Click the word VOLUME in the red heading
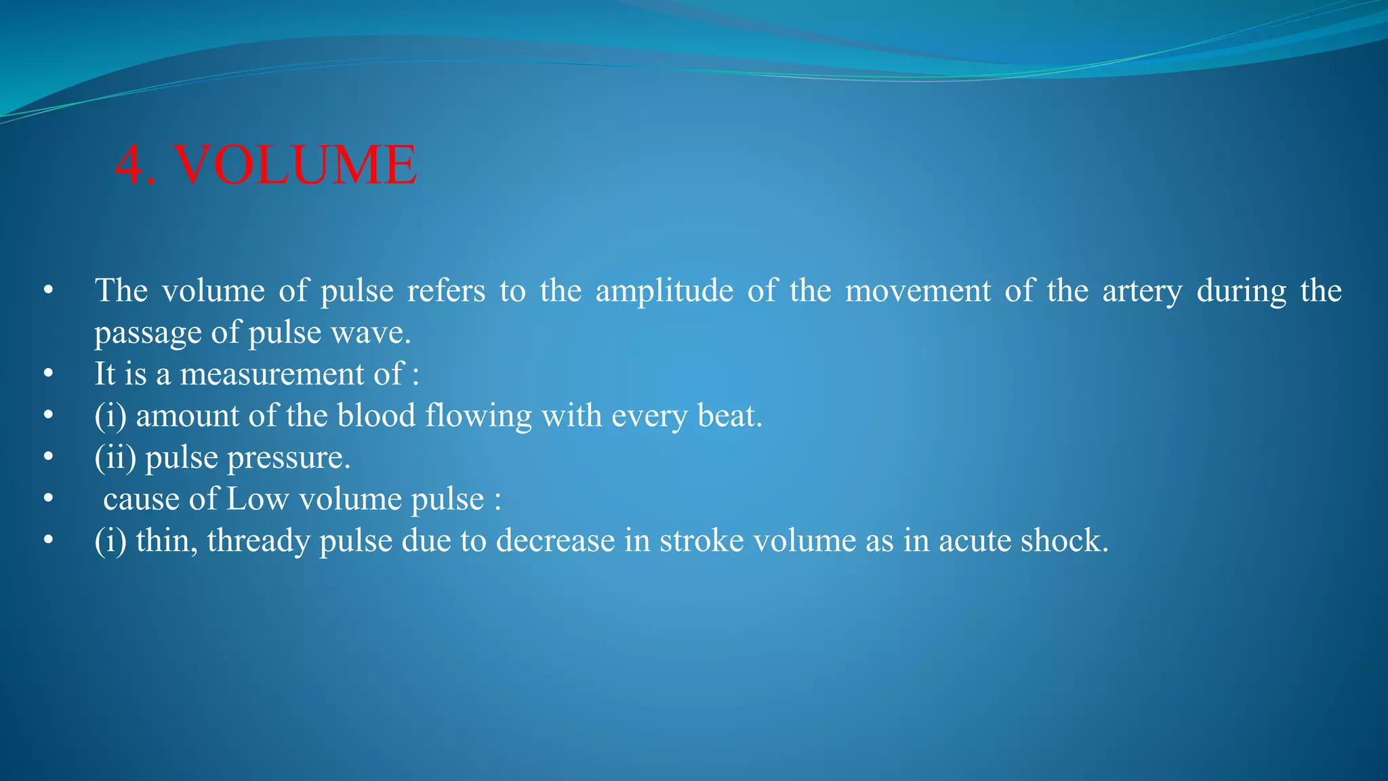(295, 165)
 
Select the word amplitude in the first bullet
(664, 292)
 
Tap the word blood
(376, 416)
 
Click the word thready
(258, 542)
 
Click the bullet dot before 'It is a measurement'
(47, 374)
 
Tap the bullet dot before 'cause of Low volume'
(47, 500)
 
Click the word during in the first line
(1241, 292)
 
